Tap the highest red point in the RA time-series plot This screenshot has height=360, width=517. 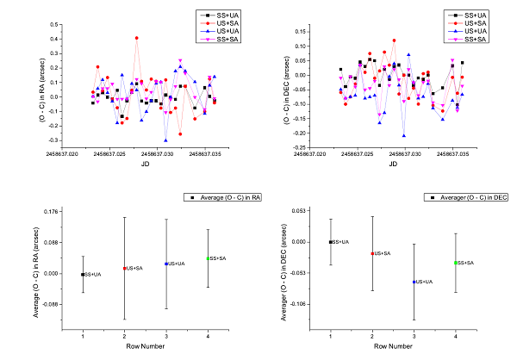[136, 38]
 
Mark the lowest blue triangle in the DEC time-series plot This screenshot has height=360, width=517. [403, 135]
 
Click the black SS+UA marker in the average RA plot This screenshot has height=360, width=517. [83, 275]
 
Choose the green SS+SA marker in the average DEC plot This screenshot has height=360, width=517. [456, 263]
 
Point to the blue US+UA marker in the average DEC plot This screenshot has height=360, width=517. [414, 282]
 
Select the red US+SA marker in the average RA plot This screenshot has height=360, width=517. [124, 269]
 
